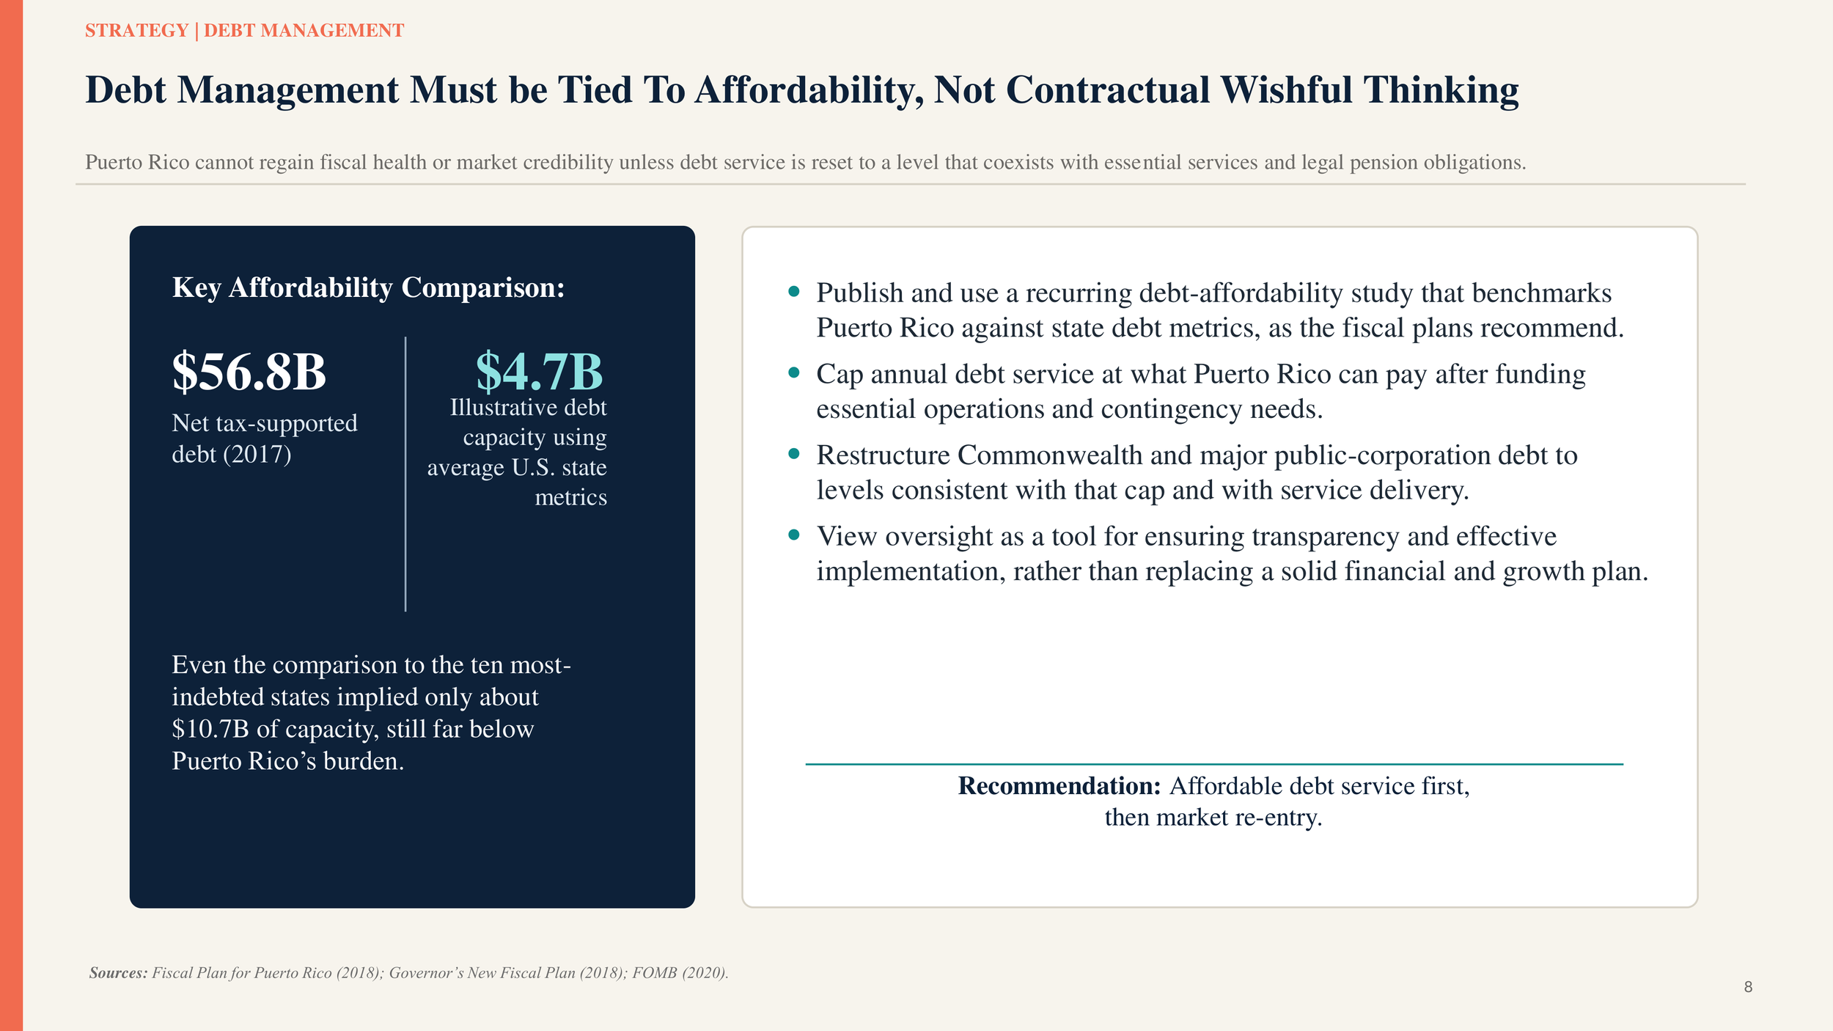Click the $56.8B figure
249,372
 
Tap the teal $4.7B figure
539,372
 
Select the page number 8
1748,987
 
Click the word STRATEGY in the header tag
137,31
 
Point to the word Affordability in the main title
809,90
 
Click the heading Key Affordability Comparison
368,287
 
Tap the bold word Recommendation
1059,786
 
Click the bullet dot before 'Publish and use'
793,292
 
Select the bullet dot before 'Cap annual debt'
793,373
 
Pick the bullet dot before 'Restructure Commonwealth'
793,455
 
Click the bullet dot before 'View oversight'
793,535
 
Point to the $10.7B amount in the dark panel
210,729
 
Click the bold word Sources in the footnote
118,973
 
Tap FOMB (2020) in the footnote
680,973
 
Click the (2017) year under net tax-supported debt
257,455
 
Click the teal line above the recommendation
1213,764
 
